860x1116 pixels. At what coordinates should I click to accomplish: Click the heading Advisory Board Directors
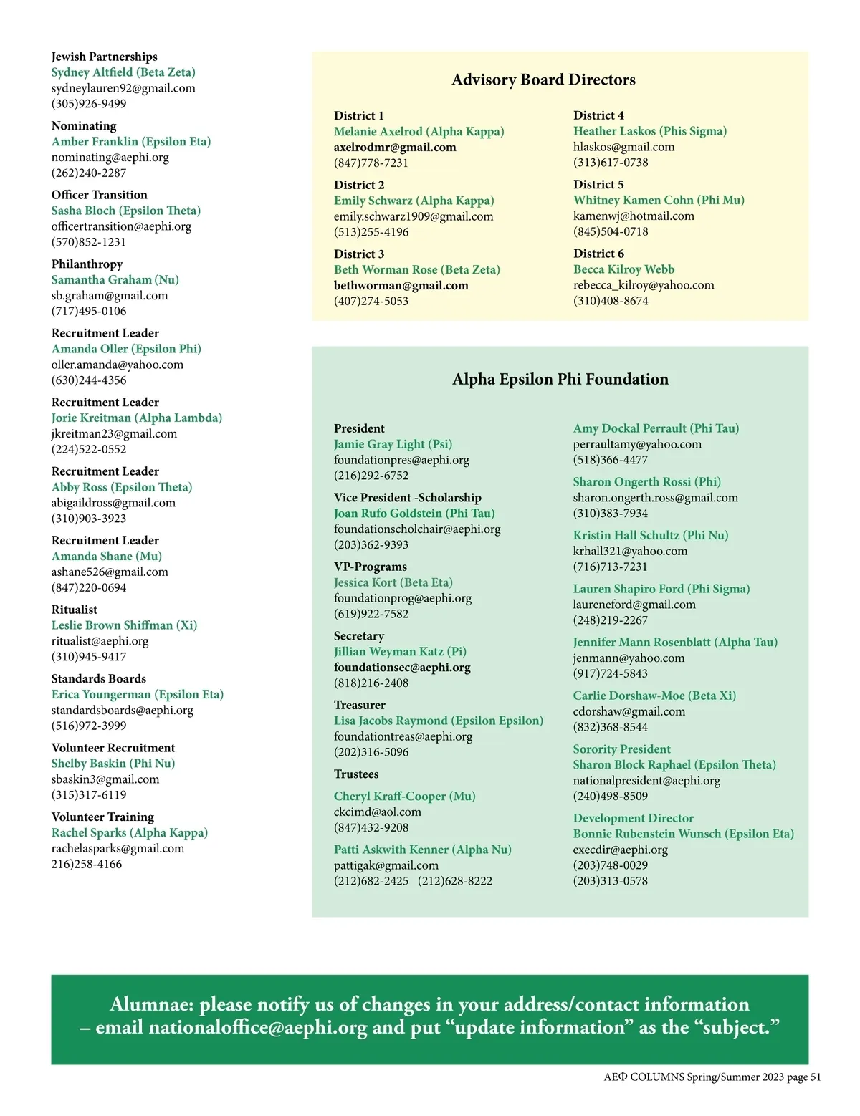pyautogui.click(x=543, y=80)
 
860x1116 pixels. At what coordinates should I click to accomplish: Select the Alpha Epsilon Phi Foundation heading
pyautogui.click(x=560, y=379)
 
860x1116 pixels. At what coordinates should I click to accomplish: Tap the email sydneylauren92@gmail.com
pyautogui.click(x=123, y=88)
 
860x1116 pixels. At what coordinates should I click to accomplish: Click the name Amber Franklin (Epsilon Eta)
pyautogui.click(x=131, y=141)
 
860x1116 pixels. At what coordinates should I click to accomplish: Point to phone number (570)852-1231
pyautogui.click(x=88, y=242)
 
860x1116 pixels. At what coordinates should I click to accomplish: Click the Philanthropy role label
pyautogui.click(x=87, y=264)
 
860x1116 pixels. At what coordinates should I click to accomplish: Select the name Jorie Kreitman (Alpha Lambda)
pyautogui.click(x=137, y=418)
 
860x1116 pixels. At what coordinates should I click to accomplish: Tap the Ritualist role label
pyautogui.click(x=74, y=610)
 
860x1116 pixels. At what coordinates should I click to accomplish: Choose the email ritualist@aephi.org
pyautogui.click(x=100, y=641)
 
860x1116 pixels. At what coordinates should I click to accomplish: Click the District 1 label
pyautogui.click(x=358, y=115)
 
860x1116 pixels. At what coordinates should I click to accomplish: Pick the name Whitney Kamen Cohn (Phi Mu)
pyautogui.click(x=659, y=200)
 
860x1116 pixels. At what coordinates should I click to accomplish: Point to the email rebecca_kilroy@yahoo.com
pyautogui.click(x=644, y=285)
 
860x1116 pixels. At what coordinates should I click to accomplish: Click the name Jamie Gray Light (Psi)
pyautogui.click(x=393, y=444)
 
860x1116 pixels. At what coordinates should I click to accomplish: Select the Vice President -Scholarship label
pyautogui.click(x=407, y=497)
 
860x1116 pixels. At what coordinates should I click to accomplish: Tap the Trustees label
pyautogui.click(x=356, y=774)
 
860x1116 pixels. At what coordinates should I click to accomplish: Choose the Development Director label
pyautogui.click(x=633, y=818)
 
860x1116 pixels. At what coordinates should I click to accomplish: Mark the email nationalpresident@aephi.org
pyautogui.click(x=646, y=781)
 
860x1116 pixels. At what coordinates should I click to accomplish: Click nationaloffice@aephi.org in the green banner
pyautogui.click(x=258, y=1028)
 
